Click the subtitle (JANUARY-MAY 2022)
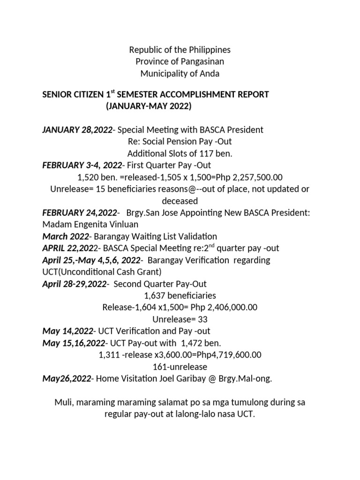[x=149, y=106]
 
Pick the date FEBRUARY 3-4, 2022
[x=82, y=165]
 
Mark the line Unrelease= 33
[x=180, y=319]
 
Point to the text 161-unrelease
[x=180, y=367]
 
